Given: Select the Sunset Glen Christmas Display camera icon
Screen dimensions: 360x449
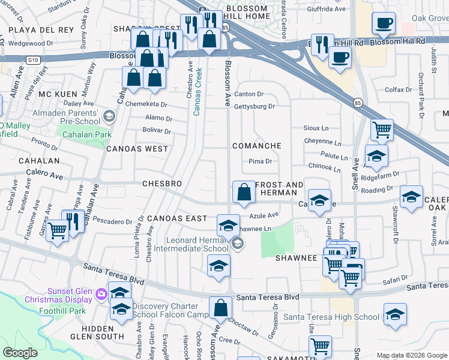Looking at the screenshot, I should [x=100, y=293].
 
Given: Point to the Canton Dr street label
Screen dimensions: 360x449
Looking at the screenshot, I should [x=249, y=94].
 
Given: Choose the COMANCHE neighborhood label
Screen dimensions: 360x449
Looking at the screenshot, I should [x=257, y=146].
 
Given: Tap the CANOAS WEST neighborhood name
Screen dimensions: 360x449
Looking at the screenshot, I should [x=137, y=148].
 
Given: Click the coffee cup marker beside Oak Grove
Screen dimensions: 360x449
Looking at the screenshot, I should [x=383, y=24].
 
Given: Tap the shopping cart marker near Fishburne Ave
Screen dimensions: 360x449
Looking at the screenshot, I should [x=57, y=229].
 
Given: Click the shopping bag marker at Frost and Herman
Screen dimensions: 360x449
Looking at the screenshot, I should [x=244, y=193].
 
